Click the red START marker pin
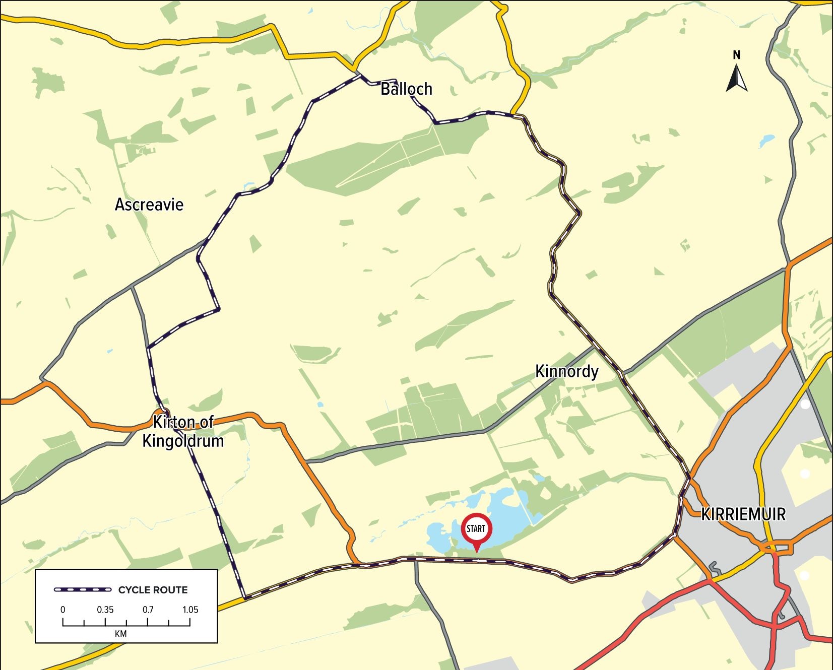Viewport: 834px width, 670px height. coord(476,531)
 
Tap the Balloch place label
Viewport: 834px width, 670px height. coord(406,89)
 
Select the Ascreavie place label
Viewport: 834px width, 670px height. coord(149,205)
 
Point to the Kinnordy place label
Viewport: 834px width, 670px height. coord(566,372)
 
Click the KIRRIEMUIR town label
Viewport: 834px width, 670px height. coord(743,514)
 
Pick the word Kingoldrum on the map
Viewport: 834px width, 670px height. coord(183,441)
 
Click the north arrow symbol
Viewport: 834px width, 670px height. coord(736,80)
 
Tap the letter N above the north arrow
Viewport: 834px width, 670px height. coord(736,55)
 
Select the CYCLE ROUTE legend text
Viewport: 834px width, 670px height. coord(153,590)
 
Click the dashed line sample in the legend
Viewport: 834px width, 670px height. coord(83,589)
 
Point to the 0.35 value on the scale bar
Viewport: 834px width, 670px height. coord(105,610)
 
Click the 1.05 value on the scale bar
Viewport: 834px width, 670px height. coord(190,610)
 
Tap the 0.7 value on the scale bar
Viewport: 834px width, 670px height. coord(148,610)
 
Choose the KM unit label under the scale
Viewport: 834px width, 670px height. coord(121,634)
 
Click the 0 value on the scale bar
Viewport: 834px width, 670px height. coord(63,610)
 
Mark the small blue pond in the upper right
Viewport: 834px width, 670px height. coord(766,140)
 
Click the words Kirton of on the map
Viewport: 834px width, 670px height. coord(183,422)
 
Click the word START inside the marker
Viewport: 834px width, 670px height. coord(476,528)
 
